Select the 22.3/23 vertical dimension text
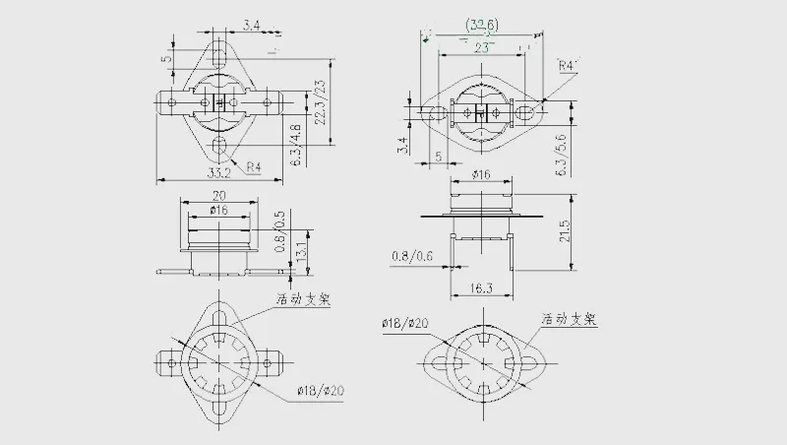[x=321, y=102]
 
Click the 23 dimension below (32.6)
[x=482, y=46]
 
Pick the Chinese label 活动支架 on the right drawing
[x=568, y=320]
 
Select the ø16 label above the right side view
[x=482, y=174]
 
